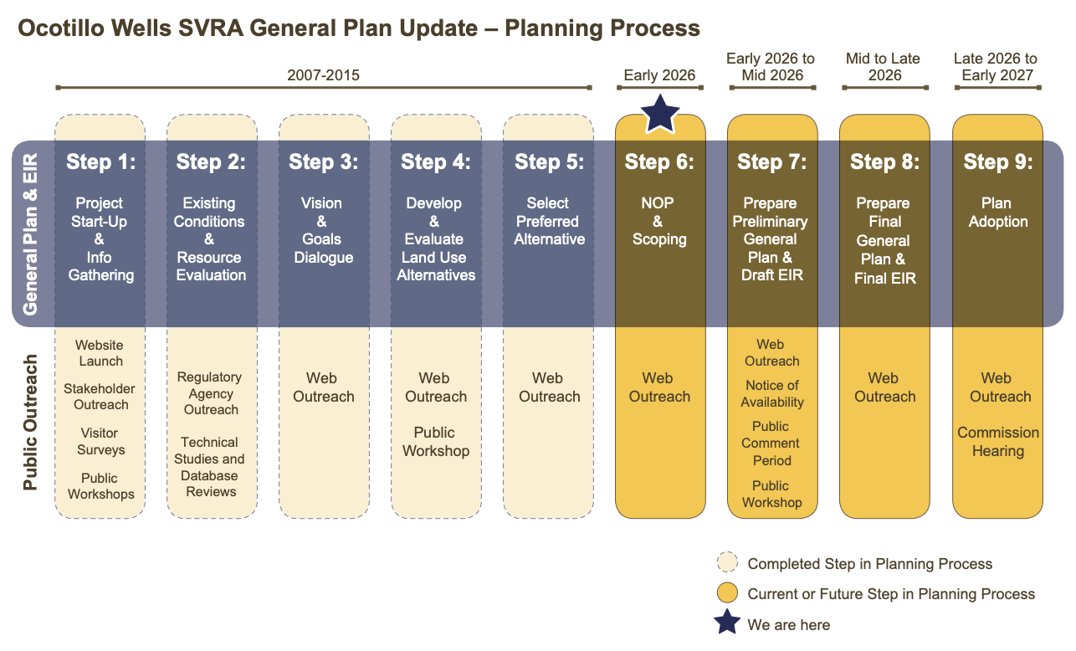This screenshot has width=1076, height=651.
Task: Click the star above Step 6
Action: pyautogui.click(x=661, y=114)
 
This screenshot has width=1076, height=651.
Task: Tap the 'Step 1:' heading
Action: pyautogui.click(x=100, y=162)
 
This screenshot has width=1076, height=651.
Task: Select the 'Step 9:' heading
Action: pyautogui.click(x=998, y=162)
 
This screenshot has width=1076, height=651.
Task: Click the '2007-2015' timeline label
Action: pyautogui.click(x=323, y=75)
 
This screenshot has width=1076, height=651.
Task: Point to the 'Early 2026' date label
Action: pyautogui.click(x=659, y=75)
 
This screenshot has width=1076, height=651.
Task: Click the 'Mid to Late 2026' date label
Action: pyautogui.click(x=884, y=67)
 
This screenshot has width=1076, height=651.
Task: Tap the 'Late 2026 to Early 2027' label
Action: pyautogui.click(x=996, y=67)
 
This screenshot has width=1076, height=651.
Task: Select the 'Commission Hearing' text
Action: pyautogui.click(x=998, y=442)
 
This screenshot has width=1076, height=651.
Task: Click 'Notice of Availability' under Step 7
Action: pyautogui.click(x=772, y=394)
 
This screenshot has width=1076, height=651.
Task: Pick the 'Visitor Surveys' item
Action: pyautogui.click(x=100, y=442)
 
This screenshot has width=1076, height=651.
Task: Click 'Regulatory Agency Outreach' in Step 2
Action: pyautogui.click(x=211, y=393)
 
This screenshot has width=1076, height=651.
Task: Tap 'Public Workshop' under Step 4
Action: pyautogui.click(x=436, y=442)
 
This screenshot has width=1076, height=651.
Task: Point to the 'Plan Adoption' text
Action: pyautogui.click(x=997, y=213)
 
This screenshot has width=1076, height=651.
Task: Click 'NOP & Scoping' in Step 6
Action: pyautogui.click(x=659, y=221)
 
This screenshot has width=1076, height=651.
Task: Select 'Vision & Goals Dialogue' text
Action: pyautogui.click(x=323, y=230)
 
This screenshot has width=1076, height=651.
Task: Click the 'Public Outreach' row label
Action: pyautogui.click(x=31, y=423)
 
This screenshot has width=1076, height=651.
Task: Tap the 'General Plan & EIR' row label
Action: pyautogui.click(x=31, y=234)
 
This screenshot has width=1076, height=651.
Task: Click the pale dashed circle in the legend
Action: pyautogui.click(x=728, y=563)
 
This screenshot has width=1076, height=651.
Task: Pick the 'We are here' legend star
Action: pyautogui.click(x=728, y=623)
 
